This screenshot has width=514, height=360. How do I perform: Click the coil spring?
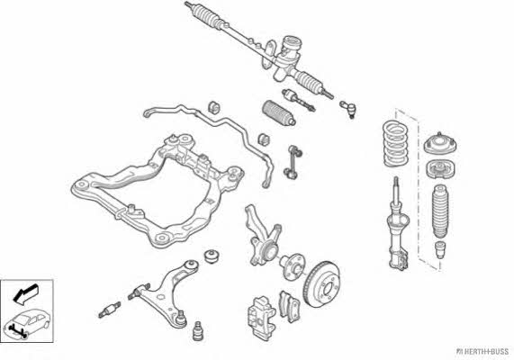[x=396, y=143]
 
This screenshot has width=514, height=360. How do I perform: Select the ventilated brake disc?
[x=322, y=284]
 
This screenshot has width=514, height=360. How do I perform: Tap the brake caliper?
[x=261, y=318]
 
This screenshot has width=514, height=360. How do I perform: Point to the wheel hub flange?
[x=292, y=266]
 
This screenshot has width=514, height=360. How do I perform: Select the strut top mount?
[x=440, y=144]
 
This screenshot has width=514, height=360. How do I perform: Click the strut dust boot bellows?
[x=440, y=211]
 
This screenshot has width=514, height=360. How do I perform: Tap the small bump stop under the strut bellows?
[x=440, y=249]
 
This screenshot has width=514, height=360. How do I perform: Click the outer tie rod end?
[x=348, y=109]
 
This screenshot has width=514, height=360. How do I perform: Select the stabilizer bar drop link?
[x=293, y=162]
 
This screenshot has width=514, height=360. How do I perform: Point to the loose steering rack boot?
[x=279, y=113]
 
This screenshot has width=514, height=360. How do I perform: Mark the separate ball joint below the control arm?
[x=198, y=330]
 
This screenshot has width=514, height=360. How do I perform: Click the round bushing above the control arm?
[x=212, y=256]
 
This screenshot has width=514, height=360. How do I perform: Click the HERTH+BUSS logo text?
[x=482, y=352]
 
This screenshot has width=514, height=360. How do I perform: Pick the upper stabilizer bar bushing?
[x=214, y=108]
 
